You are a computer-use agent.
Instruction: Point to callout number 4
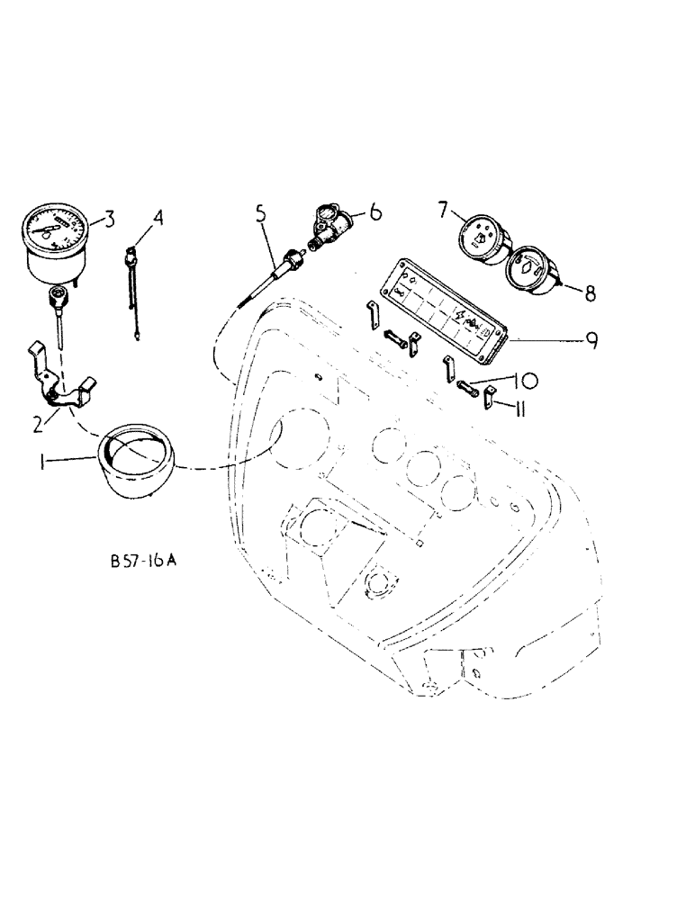click(x=158, y=218)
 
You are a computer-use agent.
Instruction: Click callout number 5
click(x=261, y=214)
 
